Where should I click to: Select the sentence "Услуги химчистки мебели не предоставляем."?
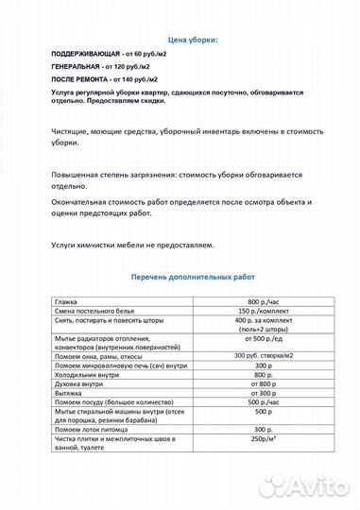click(133, 245)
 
